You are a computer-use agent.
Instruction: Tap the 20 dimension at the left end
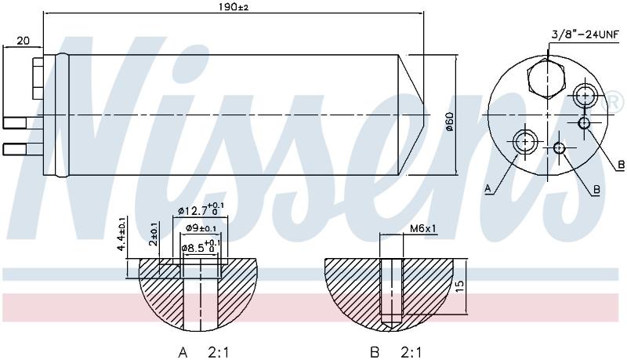[24, 41]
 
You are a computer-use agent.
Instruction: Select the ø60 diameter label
[449, 122]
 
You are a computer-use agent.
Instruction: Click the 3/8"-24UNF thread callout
[585, 35]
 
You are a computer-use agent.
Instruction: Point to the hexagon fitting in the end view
[546, 79]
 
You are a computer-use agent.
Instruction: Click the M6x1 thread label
[423, 228]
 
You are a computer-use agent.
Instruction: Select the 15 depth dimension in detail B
[460, 285]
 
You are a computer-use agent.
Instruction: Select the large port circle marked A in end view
[524, 142]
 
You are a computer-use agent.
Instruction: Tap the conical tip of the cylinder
[411, 115]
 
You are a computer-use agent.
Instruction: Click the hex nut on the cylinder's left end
[38, 78]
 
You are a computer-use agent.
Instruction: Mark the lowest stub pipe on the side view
[15, 150]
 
